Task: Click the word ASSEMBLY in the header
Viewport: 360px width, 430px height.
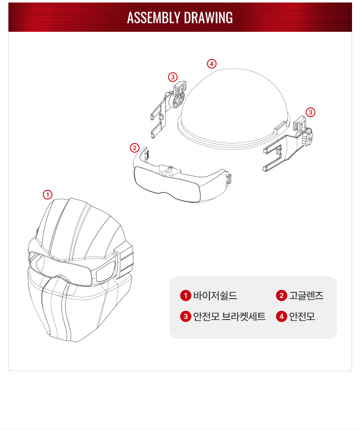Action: pos(153,18)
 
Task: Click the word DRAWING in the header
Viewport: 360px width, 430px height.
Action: pos(208,18)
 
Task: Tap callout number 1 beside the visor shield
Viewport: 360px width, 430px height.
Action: pos(47,195)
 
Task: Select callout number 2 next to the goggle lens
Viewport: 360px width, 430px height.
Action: pos(134,148)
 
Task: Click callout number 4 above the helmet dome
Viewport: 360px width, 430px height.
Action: pos(211,64)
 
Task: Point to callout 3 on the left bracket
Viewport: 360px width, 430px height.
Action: pos(172,77)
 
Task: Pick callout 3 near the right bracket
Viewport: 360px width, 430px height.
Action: pos(310,112)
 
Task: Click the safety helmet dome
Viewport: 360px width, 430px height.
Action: pos(234,107)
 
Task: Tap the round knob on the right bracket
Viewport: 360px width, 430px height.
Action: pos(307,140)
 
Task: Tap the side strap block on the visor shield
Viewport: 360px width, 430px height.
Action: pos(124,260)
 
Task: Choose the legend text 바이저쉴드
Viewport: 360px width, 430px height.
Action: pos(215,296)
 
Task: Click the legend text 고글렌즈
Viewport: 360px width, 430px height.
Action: pos(306,296)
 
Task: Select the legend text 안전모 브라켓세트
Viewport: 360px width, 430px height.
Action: pos(229,317)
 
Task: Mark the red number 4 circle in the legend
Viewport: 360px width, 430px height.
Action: pos(281,317)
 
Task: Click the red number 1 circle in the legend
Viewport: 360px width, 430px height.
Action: pos(185,296)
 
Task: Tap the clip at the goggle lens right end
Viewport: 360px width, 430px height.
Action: pos(228,179)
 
